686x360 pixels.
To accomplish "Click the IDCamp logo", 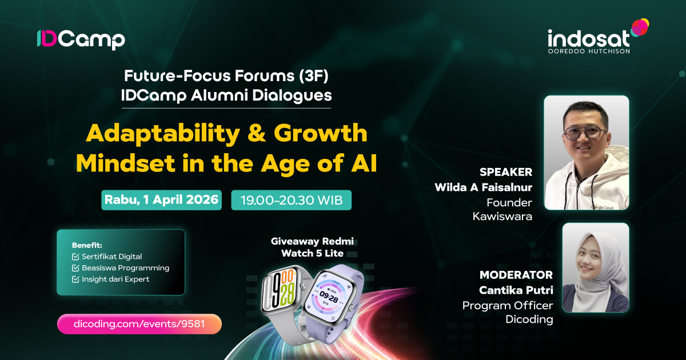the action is [x=81, y=40].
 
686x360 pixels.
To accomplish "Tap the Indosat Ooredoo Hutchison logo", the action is [x=598, y=37].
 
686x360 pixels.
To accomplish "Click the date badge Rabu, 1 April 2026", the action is [x=161, y=200].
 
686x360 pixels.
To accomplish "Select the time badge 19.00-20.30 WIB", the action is [x=291, y=200].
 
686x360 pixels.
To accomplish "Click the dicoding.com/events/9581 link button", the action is [x=139, y=324].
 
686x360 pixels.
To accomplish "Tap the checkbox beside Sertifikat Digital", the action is [x=75, y=257].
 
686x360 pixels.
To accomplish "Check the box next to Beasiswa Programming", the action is [x=75, y=268].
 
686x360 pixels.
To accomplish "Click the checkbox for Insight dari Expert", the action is [x=75, y=279].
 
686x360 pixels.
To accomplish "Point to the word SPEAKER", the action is [x=506, y=172].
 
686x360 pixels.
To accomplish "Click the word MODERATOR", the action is [x=516, y=275].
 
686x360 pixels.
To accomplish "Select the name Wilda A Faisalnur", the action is [x=483, y=187].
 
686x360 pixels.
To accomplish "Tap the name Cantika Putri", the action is [x=516, y=290].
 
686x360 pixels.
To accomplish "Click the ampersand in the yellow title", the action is [x=257, y=133].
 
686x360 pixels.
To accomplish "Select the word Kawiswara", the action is [x=502, y=217].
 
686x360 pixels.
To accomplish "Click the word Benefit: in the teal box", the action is [x=87, y=245].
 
